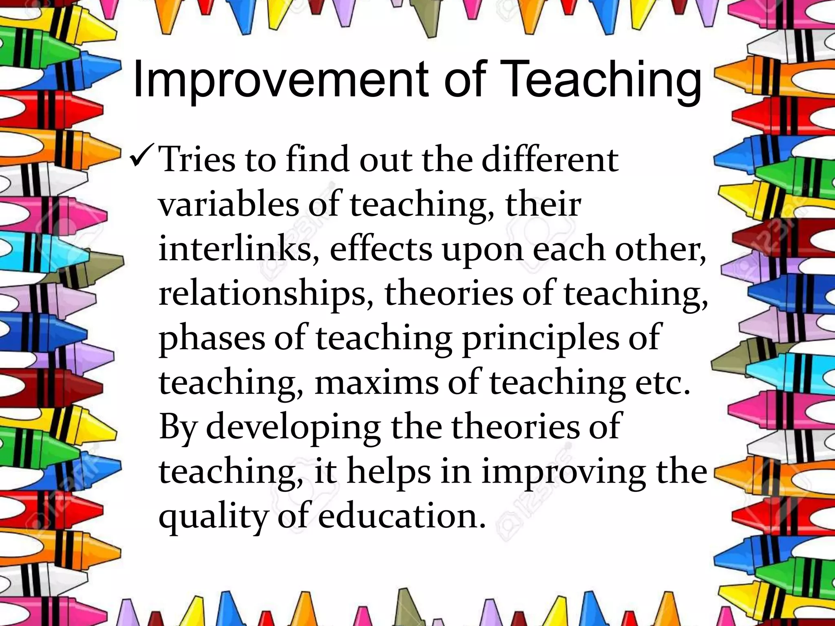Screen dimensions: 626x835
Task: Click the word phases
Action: point(211,339)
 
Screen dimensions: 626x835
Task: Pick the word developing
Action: point(294,429)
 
